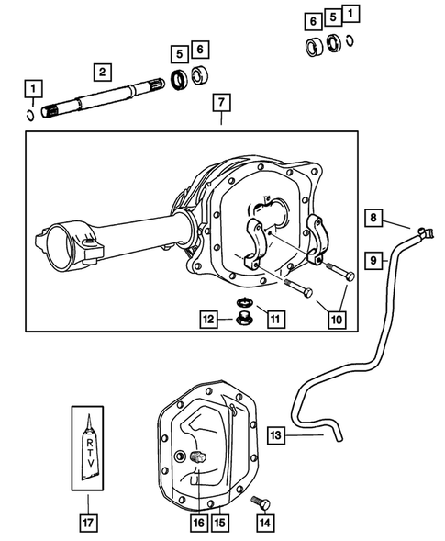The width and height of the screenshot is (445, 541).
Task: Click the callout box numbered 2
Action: coord(102,72)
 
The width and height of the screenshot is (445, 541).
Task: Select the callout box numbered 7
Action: coord(220,102)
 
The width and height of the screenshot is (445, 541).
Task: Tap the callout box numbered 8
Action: coord(374,218)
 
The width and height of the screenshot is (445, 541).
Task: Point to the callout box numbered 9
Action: coord(374,261)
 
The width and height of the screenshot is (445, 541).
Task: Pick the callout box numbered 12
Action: coord(211,320)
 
